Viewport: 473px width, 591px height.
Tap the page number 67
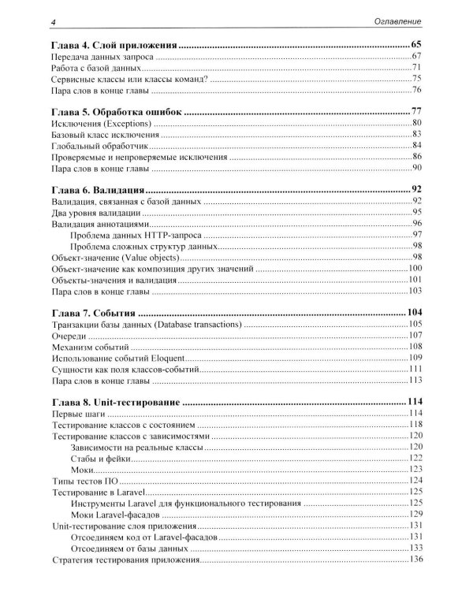point(418,59)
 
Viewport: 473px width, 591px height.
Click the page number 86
point(418,158)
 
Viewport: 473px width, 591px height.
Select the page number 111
point(415,369)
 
